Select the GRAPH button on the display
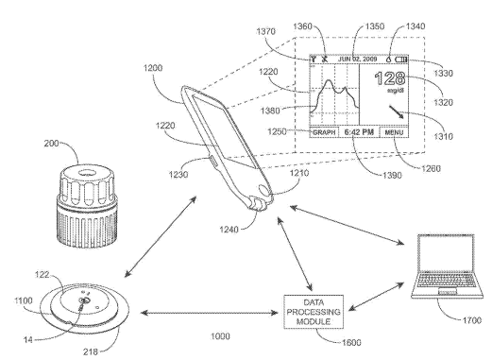coord(324,133)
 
